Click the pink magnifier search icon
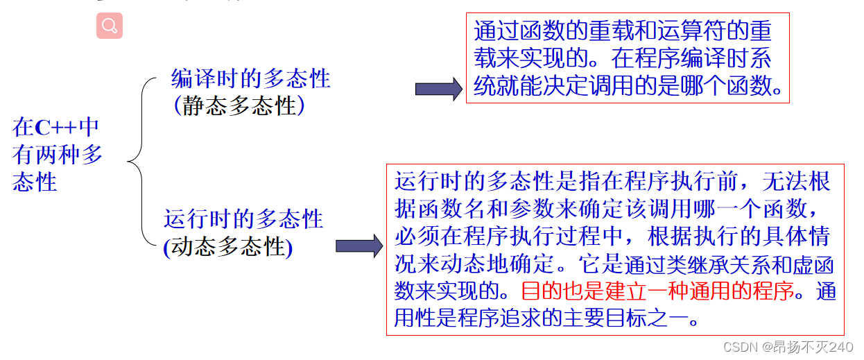point(109,26)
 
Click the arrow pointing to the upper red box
point(438,89)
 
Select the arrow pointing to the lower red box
point(358,246)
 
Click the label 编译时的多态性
point(250,78)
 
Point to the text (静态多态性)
point(239,105)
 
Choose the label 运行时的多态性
point(243,219)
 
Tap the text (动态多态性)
point(228,247)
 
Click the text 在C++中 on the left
point(55,127)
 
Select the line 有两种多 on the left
point(58,154)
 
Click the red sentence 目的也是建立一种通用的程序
point(657,291)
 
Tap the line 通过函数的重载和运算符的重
point(622,31)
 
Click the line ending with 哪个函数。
point(628,86)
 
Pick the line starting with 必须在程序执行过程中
point(612,236)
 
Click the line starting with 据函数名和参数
point(610,209)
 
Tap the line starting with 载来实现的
point(622,58)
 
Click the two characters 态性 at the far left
point(35,182)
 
